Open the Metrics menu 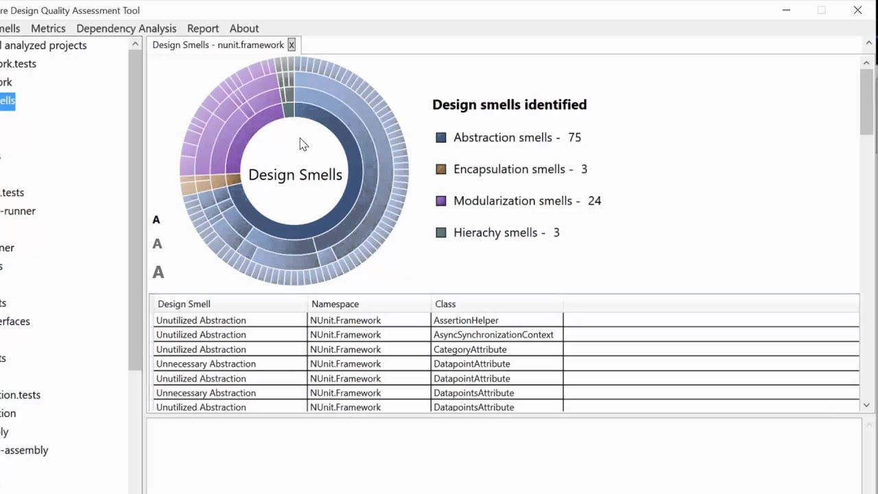pyautogui.click(x=48, y=28)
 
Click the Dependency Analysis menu pyautogui.click(x=126, y=28)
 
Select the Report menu pyautogui.click(x=203, y=28)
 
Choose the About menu pyautogui.click(x=244, y=28)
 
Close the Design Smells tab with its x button pyautogui.click(x=292, y=45)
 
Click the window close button pyautogui.click(x=857, y=10)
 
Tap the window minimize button pyautogui.click(x=786, y=10)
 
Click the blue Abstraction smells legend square pyautogui.click(x=441, y=138)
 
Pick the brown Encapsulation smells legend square pyautogui.click(x=441, y=169)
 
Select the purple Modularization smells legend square pyautogui.click(x=441, y=201)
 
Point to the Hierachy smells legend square pyautogui.click(x=441, y=233)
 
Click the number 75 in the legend pyautogui.click(x=574, y=137)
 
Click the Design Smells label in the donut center pyautogui.click(x=295, y=175)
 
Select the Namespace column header pyautogui.click(x=335, y=304)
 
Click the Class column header pyautogui.click(x=445, y=304)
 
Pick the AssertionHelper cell pyautogui.click(x=466, y=320)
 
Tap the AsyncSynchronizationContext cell pyautogui.click(x=493, y=335)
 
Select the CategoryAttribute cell pyautogui.click(x=470, y=349)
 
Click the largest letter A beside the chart pyautogui.click(x=158, y=272)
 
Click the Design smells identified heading pyautogui.click(x=509, y=105)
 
